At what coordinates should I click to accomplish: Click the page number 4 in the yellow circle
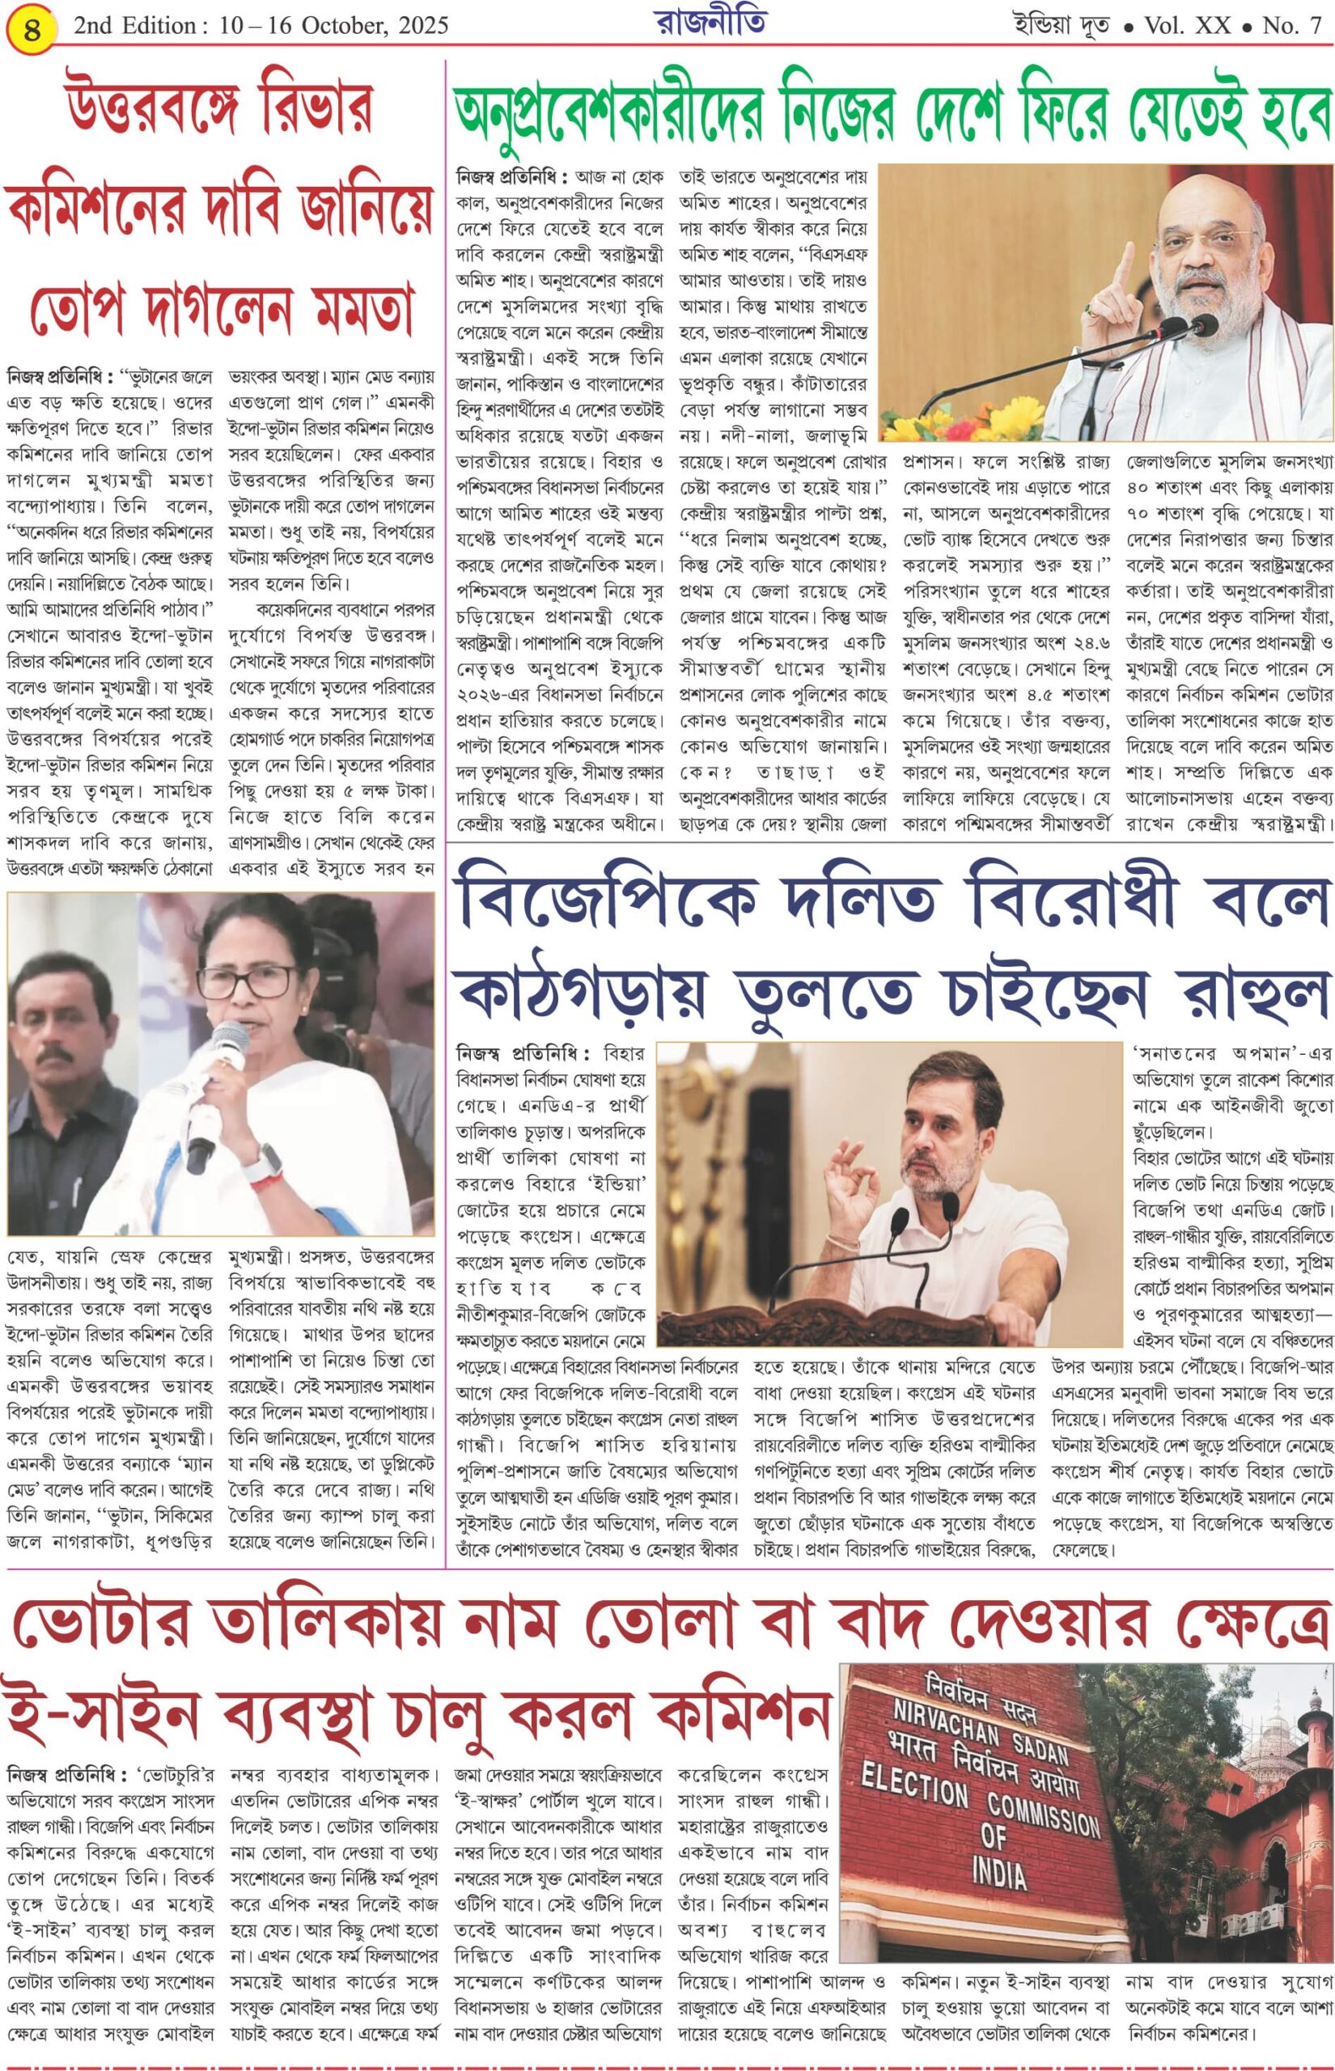pyautogui.click(x=33, y=33)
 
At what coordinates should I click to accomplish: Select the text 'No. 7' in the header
pyautogui.click(x=1290, y=26)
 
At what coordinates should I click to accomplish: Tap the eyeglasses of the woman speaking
pyautogui.click(x=246, y=982)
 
